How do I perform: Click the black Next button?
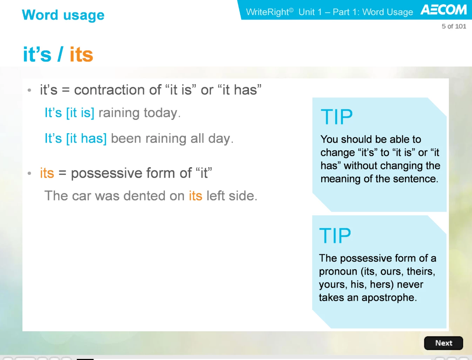point(443,343)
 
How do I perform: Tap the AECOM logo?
point(444,10)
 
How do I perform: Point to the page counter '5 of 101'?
point(454,26)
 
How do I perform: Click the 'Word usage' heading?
point(63,15)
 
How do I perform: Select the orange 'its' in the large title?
point(81,54)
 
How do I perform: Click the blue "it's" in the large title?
point(37,54)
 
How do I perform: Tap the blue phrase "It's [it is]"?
point(69,113)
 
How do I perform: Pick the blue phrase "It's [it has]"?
point(75,138)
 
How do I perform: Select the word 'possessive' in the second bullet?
point(107,173)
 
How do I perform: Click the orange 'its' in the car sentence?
point(195,196)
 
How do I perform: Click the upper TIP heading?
point(337,117)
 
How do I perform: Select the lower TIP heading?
point(335,236)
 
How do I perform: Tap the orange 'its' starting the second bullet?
point(47,173)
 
